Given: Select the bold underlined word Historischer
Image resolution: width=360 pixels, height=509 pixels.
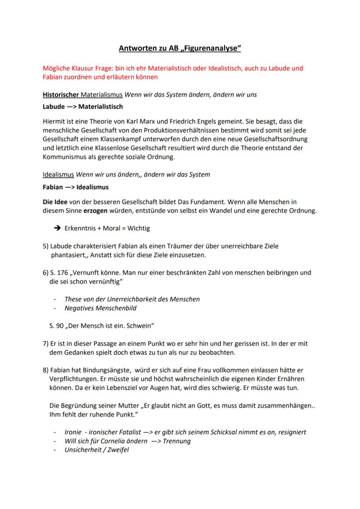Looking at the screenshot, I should point(60,94).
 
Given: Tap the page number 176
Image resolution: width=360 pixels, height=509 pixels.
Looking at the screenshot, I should point(62,273).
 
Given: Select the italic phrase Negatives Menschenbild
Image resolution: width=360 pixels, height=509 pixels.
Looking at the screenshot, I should point(100,308).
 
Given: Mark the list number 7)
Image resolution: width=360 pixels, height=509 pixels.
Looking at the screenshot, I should point(46,343).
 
